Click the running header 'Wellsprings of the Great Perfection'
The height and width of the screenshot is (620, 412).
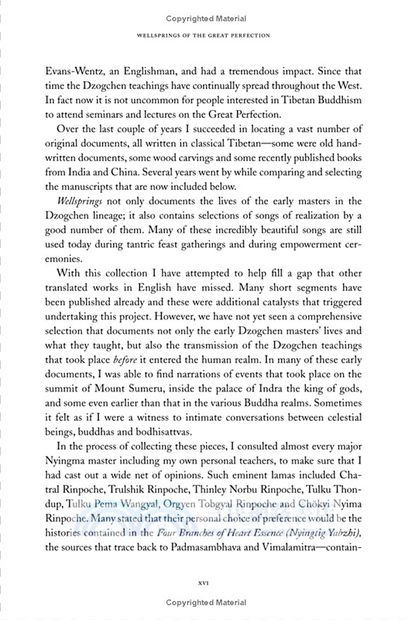(206, 35)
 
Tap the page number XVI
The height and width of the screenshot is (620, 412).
(206, 579)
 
